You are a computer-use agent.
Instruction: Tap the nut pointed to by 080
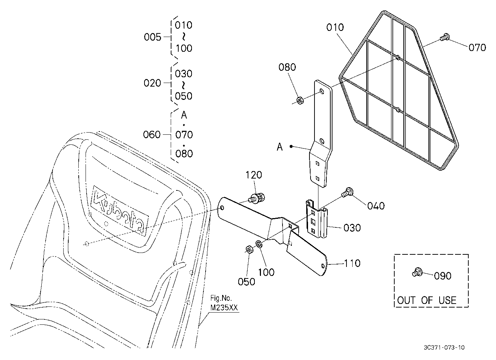coord(300,100)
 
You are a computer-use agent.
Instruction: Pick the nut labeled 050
coord(249,250)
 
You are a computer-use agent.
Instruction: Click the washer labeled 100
coord(259,244)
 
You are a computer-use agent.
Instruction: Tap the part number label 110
coord(352,263)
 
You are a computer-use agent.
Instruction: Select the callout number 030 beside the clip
coord(352,228)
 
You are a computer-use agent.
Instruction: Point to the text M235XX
coord(224,308)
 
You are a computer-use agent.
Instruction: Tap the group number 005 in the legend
coord(152,37)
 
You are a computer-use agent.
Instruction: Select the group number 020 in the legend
coord(152,83)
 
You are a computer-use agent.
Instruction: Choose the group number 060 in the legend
coord(152,135)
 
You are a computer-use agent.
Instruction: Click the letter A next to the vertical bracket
coord(280,147)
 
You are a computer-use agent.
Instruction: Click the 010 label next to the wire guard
coord(335,27)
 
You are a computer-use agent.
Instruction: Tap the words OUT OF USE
coord(427,300)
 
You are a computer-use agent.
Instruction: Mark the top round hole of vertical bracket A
coord(321,91)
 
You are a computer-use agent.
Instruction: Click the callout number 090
coord(443,276)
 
